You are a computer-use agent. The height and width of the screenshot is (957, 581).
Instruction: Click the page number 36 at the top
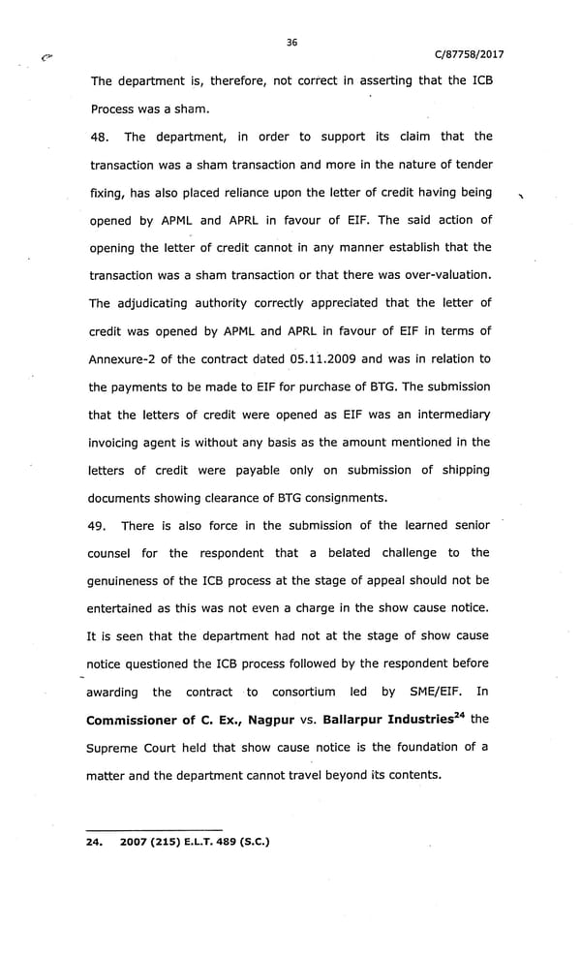[x=291, y=41]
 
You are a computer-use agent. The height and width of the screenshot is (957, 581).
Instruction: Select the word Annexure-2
[x=125, y=358]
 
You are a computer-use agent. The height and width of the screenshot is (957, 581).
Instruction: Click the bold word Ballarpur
[x=364, y=720]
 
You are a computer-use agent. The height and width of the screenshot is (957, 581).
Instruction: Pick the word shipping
[x=460, y=470]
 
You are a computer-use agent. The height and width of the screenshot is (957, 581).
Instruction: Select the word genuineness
[x=128, y=580]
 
